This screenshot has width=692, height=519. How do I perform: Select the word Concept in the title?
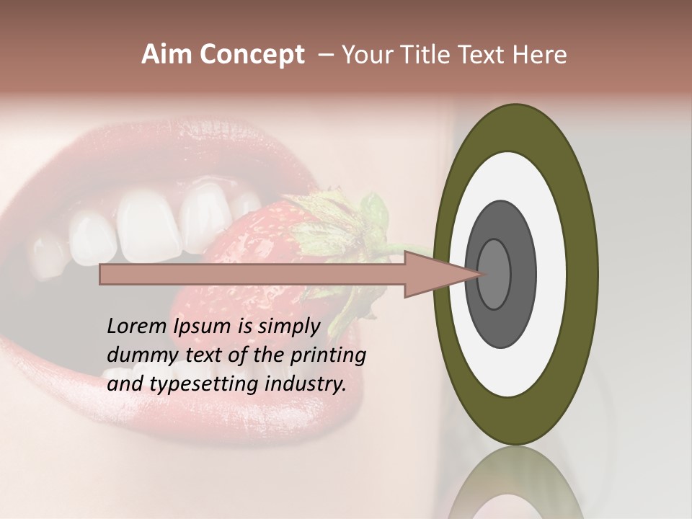(252, 55)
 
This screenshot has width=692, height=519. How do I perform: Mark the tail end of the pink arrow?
(103, 274)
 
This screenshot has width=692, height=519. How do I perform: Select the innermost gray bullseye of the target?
(494, 274)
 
